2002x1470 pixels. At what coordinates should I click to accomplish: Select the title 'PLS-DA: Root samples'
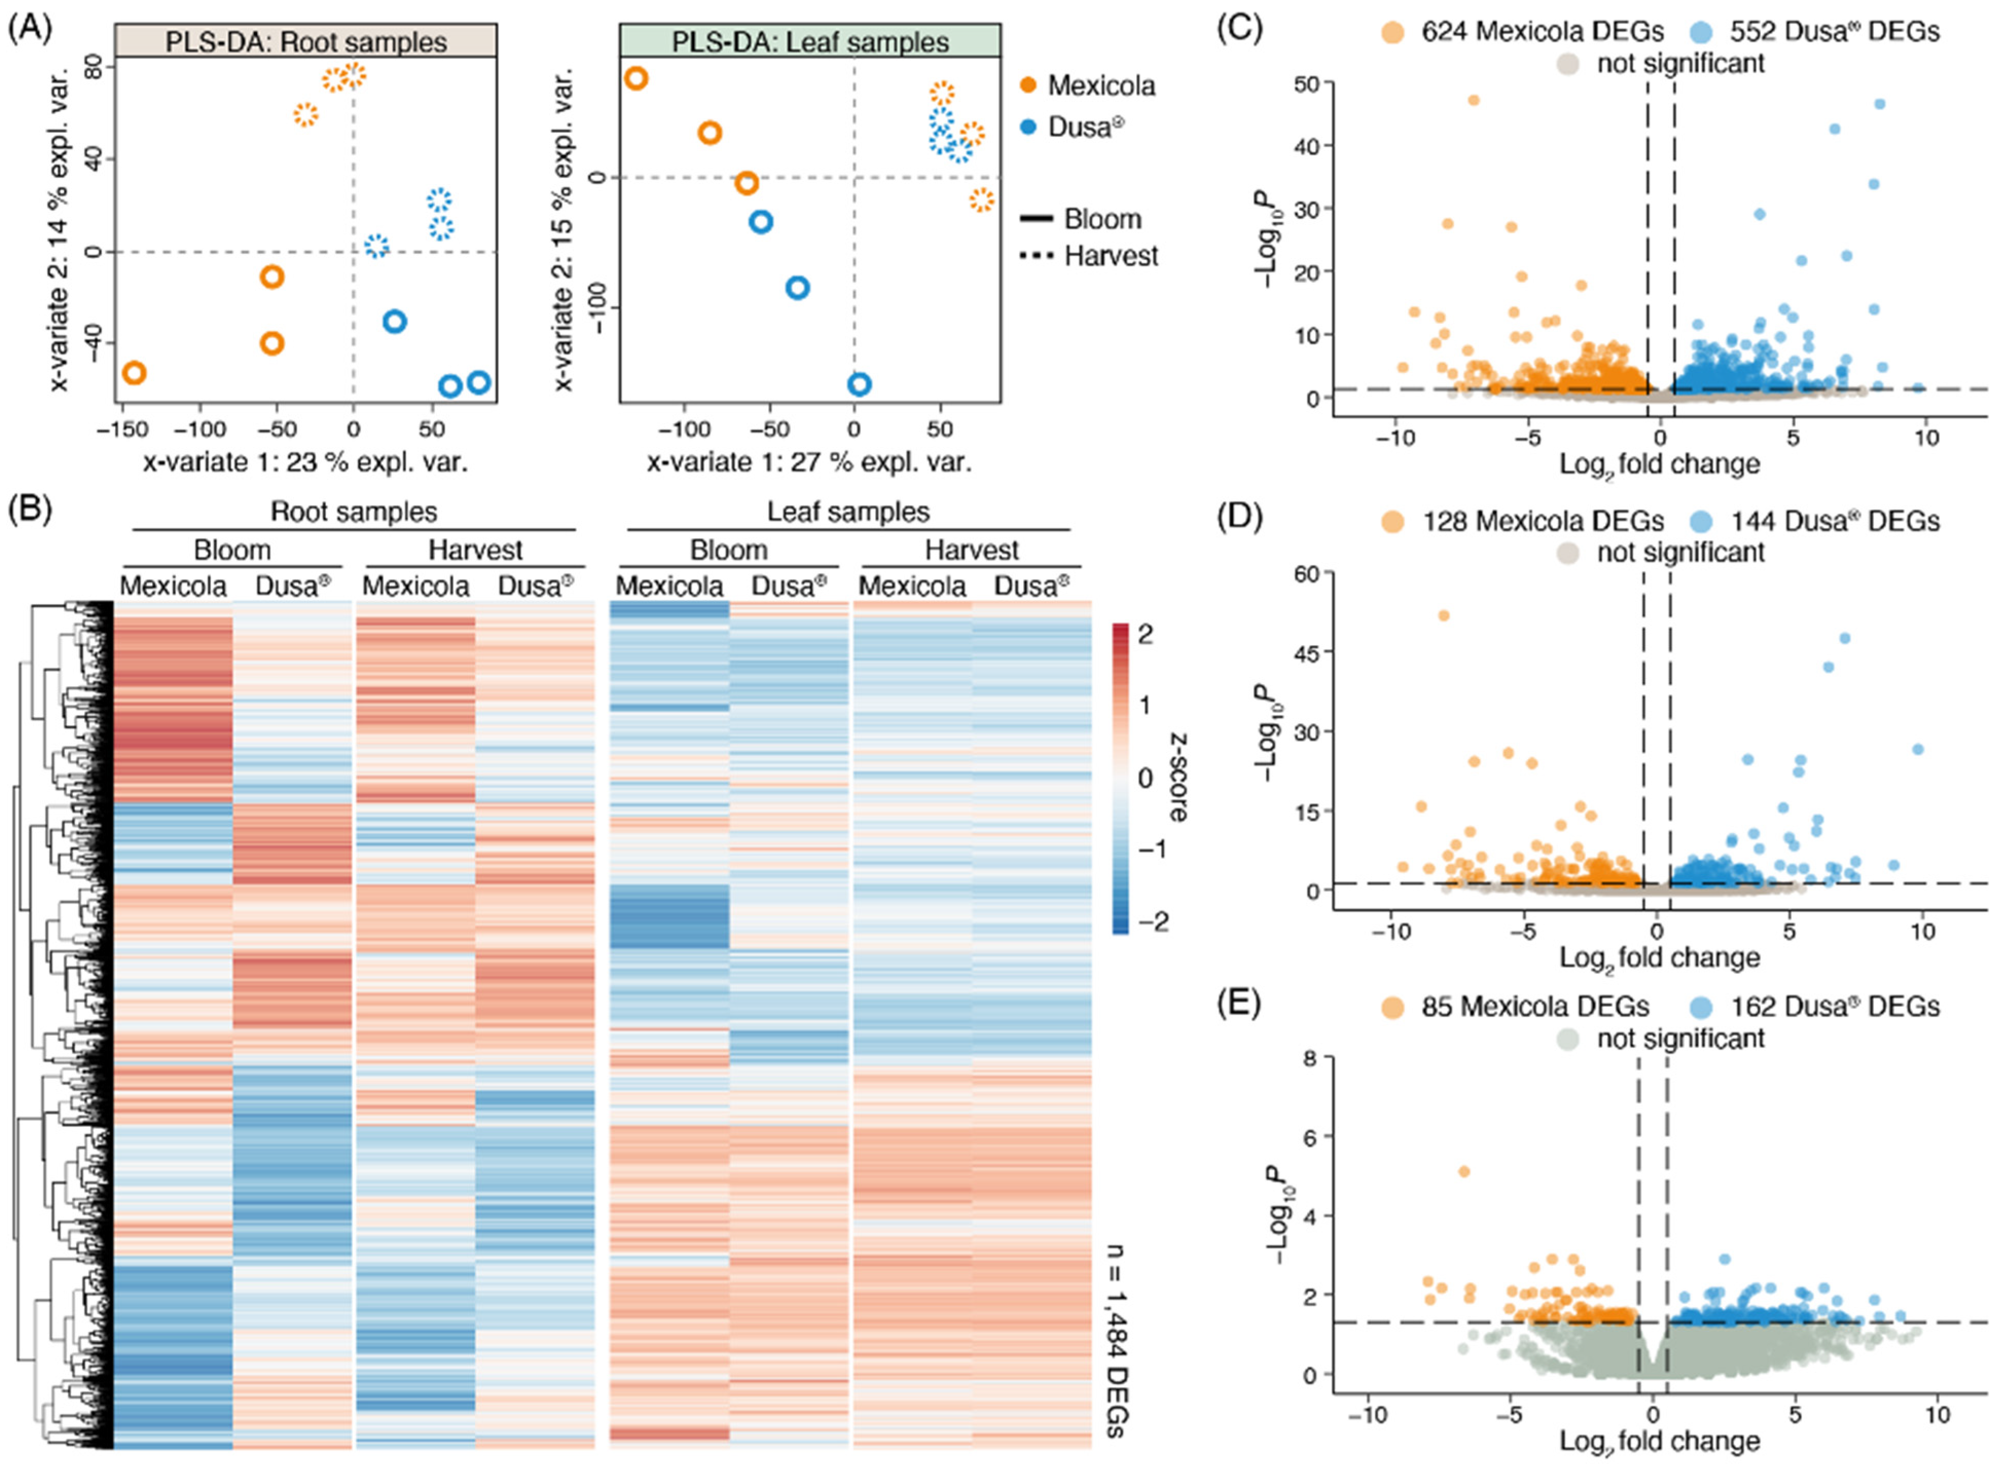[305, 42]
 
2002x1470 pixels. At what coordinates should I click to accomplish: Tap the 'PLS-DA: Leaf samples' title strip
[810, 42]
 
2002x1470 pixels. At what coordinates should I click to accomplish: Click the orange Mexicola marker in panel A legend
[1028, 85]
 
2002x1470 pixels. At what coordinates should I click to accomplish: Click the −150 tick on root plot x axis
[123, 430]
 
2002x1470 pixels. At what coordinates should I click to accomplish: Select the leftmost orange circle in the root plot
[134, 373]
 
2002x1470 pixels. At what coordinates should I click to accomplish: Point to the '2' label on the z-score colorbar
[1145, 634]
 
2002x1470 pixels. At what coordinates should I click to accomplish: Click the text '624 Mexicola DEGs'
[1542, 32]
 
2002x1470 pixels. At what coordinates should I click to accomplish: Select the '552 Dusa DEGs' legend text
[1834, 32]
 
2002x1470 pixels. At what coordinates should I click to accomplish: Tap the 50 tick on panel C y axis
[1307, 83]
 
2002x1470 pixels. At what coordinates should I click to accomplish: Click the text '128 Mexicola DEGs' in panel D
[1542, 522]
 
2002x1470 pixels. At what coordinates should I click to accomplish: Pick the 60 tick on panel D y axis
[1307, 574]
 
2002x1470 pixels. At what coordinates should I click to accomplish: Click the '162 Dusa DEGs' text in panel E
[1834, 1006]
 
